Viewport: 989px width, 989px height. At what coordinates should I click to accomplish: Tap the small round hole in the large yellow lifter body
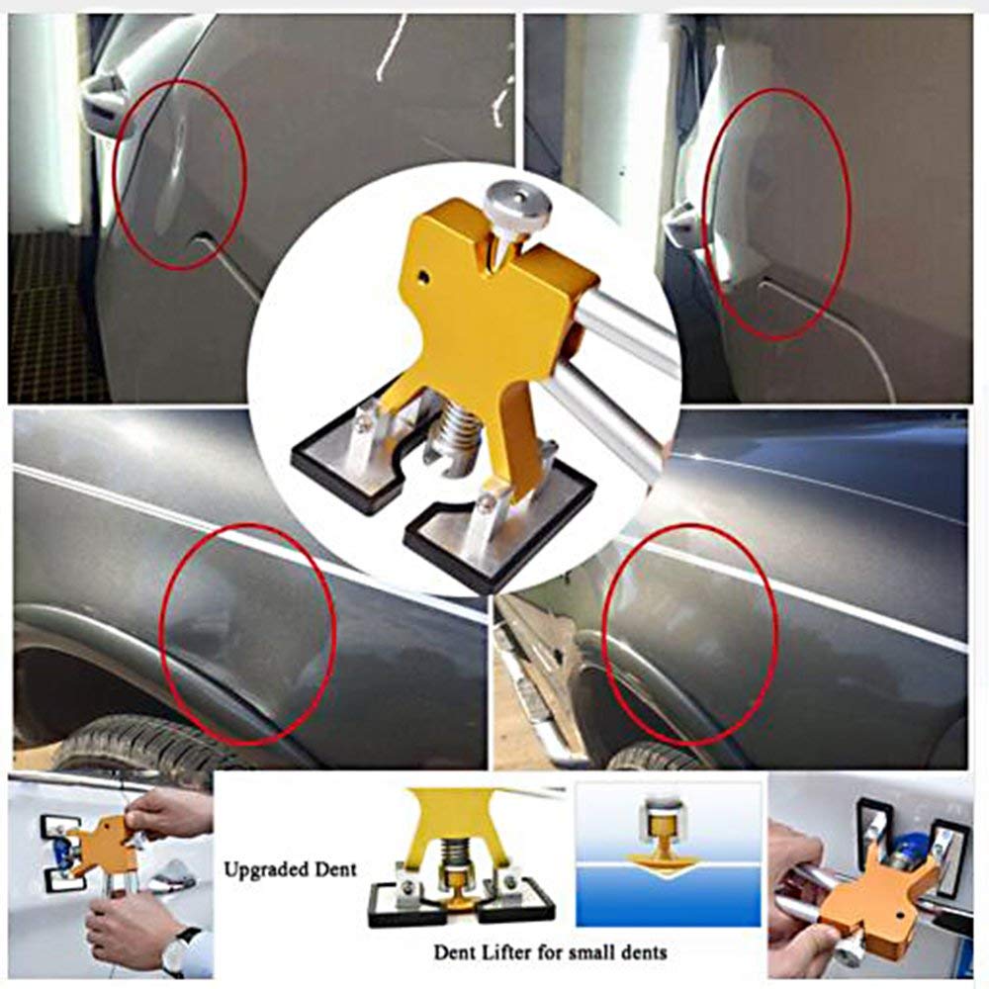pyautogui.click(x=425, y=276)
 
